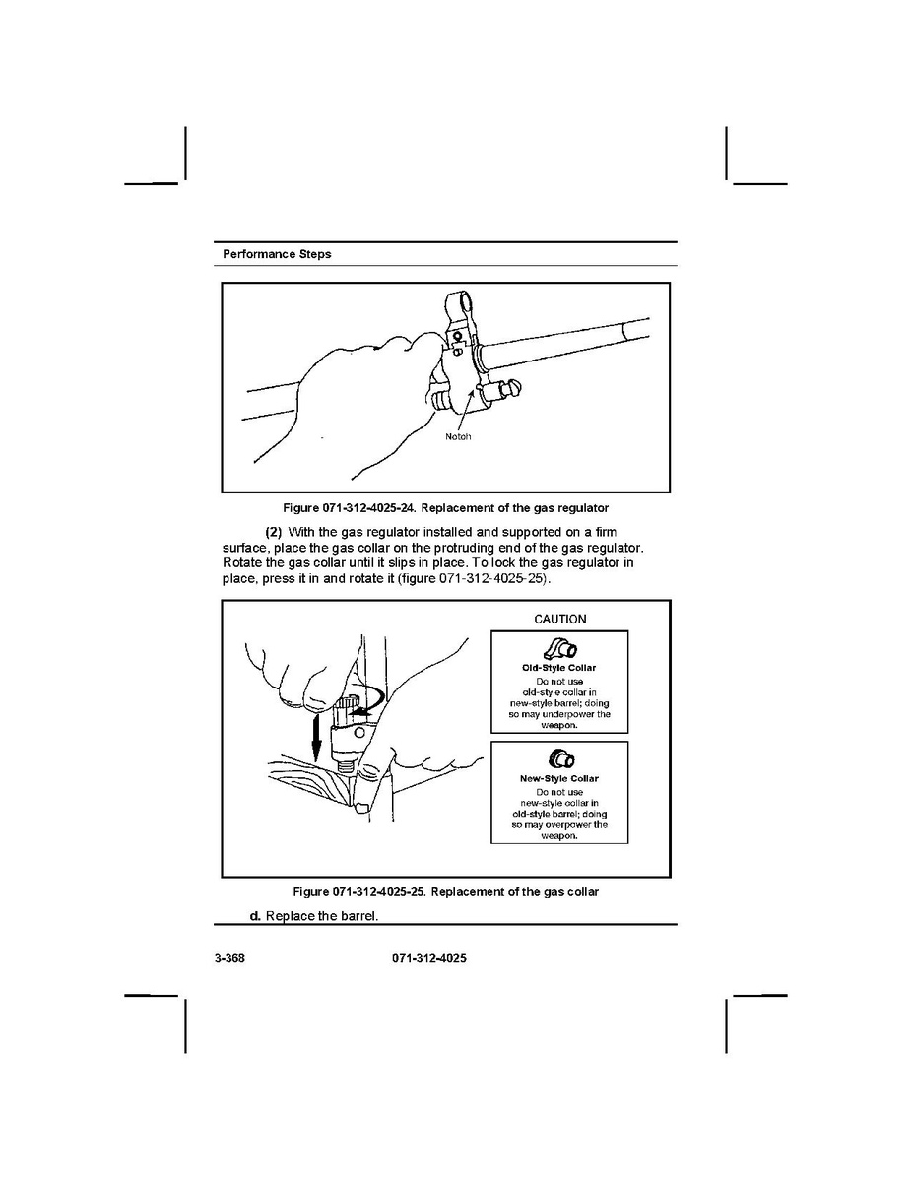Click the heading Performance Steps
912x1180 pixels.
coord(277,254)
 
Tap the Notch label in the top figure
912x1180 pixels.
coord(457,435)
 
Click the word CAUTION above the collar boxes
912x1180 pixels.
coord(559,619)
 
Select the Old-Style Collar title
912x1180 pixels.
coord(558,668)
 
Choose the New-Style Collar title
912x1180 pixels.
coord(558,778)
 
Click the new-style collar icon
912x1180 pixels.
coord(559,758)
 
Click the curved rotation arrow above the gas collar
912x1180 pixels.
coord(365,699)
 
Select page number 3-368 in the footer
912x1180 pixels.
coord(228,958)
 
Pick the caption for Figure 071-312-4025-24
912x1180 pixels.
coord(445,508)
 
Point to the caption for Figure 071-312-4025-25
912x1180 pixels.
coord(445,892)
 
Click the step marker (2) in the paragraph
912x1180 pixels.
coord(274,533)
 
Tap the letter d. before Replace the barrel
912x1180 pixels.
coord(255,916)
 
